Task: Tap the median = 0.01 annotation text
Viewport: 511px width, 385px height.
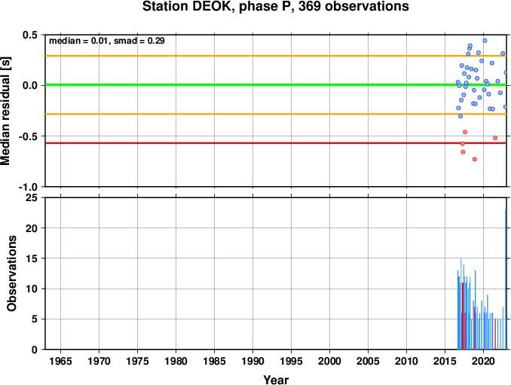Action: click(78, 41)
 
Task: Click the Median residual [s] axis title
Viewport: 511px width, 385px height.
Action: click(5, 111)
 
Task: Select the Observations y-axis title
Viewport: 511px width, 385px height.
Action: click(12, 273)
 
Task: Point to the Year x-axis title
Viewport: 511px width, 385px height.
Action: click(276, 380)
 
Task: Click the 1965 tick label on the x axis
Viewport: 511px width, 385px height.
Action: click(60, 361)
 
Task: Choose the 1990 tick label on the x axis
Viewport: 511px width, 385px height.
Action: click(253, 361)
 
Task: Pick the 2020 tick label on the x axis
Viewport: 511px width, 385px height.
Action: click(484, 361)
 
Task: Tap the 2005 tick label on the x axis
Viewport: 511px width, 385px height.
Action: click(369, 361)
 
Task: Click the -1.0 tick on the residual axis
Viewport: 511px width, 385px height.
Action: click(28, 187)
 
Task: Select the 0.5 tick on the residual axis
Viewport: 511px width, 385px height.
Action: click(30, 35)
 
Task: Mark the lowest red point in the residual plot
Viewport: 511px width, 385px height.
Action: click(475, 159)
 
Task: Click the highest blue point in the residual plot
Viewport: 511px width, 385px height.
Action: click(485, 41)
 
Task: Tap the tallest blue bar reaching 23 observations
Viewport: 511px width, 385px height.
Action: click(506, 280)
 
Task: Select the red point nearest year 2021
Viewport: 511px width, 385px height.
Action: click(495, 138)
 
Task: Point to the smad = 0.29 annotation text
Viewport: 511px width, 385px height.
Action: click(139, 41)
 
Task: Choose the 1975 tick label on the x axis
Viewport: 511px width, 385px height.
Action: click(137, 361)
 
